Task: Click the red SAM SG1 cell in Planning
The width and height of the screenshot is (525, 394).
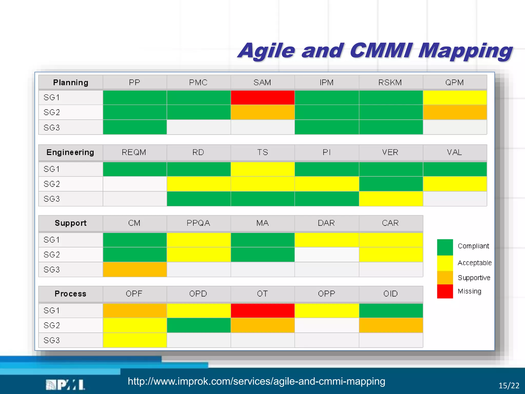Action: (262, 97)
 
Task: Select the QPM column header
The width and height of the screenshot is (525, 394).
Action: (455, 82)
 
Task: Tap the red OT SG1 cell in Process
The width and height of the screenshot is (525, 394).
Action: (262, 311)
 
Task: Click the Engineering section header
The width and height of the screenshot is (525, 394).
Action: (70, 152)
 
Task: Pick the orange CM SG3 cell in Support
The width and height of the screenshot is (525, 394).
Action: (135, 269)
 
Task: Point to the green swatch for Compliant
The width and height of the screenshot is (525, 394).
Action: (445, 247)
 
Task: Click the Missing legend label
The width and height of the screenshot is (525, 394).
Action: (469, 291)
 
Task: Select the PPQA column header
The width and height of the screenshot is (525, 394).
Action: (198, 223)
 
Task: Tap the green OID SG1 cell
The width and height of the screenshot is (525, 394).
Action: (391, 311)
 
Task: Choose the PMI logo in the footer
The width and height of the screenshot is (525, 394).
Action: (65, 385)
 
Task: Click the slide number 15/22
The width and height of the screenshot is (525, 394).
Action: (509, 386)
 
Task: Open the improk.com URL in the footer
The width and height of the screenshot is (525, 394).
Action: (256, 381)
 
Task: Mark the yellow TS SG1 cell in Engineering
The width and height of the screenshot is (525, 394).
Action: (262, 169)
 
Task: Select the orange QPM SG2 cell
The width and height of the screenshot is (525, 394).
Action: (455, 112)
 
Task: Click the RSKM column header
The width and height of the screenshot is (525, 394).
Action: (390, 82)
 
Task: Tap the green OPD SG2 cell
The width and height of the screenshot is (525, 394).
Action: (198, 325)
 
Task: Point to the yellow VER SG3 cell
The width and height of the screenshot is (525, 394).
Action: (391, 199)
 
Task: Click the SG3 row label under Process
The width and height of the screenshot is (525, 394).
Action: (52, 340)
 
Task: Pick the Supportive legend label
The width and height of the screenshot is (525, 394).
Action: (474, 278)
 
